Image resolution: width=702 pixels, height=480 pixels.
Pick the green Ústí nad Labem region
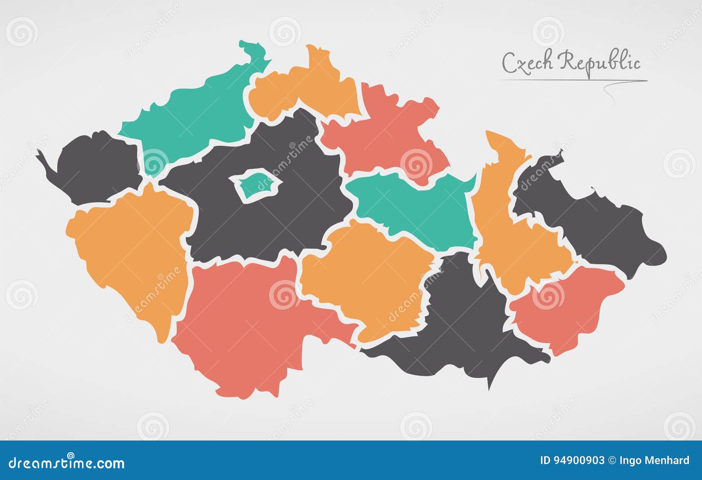point(193,114)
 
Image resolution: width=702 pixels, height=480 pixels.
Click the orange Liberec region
point(307,88)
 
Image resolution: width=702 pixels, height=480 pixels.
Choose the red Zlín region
point(566,307)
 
